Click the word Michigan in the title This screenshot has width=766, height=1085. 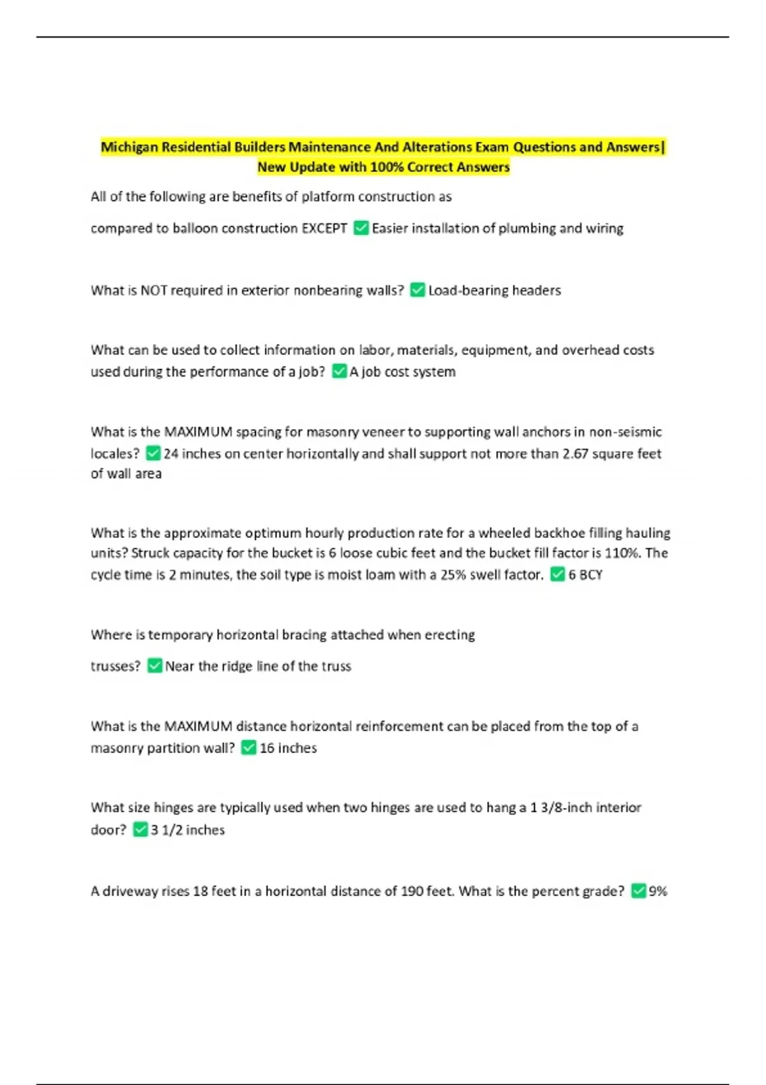(130, 147)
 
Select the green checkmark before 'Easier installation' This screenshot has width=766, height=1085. (361, 228)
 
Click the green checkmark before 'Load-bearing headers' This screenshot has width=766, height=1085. (417, 290)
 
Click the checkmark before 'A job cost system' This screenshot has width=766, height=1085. (340, 371)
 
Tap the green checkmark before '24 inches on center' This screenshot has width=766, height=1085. (153, 453)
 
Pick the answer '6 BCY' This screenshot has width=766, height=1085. (585, 574)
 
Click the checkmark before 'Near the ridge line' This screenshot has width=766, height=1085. (154, 666)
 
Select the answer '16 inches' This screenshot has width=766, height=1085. (288, 748)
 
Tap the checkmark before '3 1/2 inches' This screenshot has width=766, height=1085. (140, 830)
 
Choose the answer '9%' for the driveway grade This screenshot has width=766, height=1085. (657, 891)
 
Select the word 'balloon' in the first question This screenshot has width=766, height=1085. (195, 228)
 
